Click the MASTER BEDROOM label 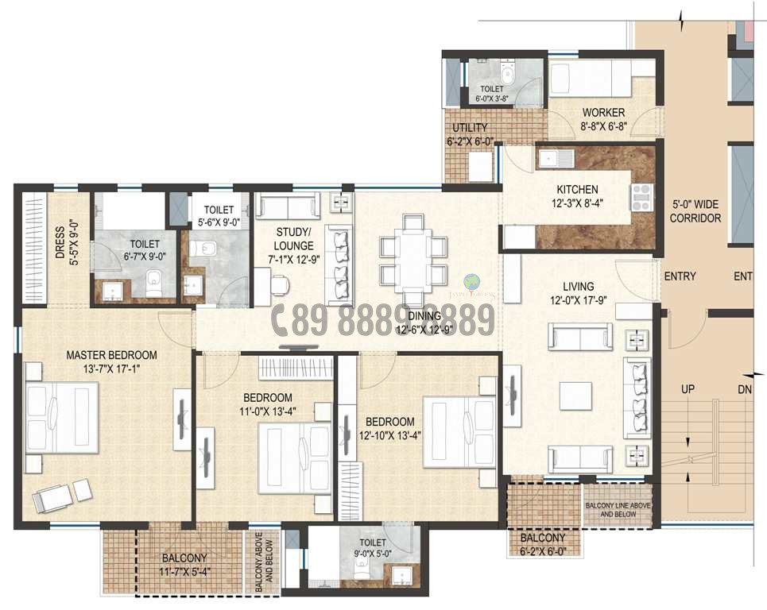coord(111,355)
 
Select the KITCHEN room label coord(578,190)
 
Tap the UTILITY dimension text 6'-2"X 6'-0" coord(471,142)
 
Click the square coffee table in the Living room coord(575,396)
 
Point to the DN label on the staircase coord(745,390)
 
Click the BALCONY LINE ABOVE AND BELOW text coord(618,509)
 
